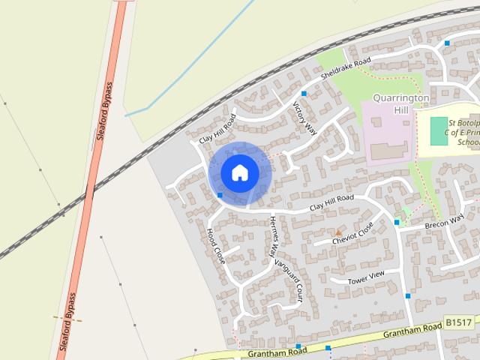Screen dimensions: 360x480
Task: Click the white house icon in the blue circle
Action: pos(239,172)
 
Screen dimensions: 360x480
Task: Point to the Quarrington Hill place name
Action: pos(401,103)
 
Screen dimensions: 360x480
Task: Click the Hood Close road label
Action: pos(215,245)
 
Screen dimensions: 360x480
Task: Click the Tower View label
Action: pos(365,277)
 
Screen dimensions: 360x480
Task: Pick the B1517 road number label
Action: pos(457,322)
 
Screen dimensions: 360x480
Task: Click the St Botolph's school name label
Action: pos(458,131)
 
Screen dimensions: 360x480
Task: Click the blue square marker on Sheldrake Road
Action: pos(304,94)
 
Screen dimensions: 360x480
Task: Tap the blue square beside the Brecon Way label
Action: pos(397,222)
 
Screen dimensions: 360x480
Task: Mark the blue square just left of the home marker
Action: pos(220,195)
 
